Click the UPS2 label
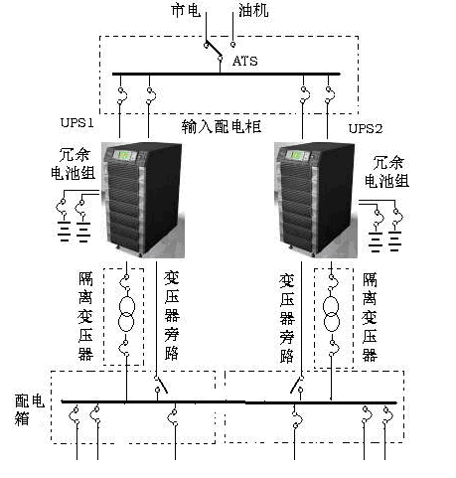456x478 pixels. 366,129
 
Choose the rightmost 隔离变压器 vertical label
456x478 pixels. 371,310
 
